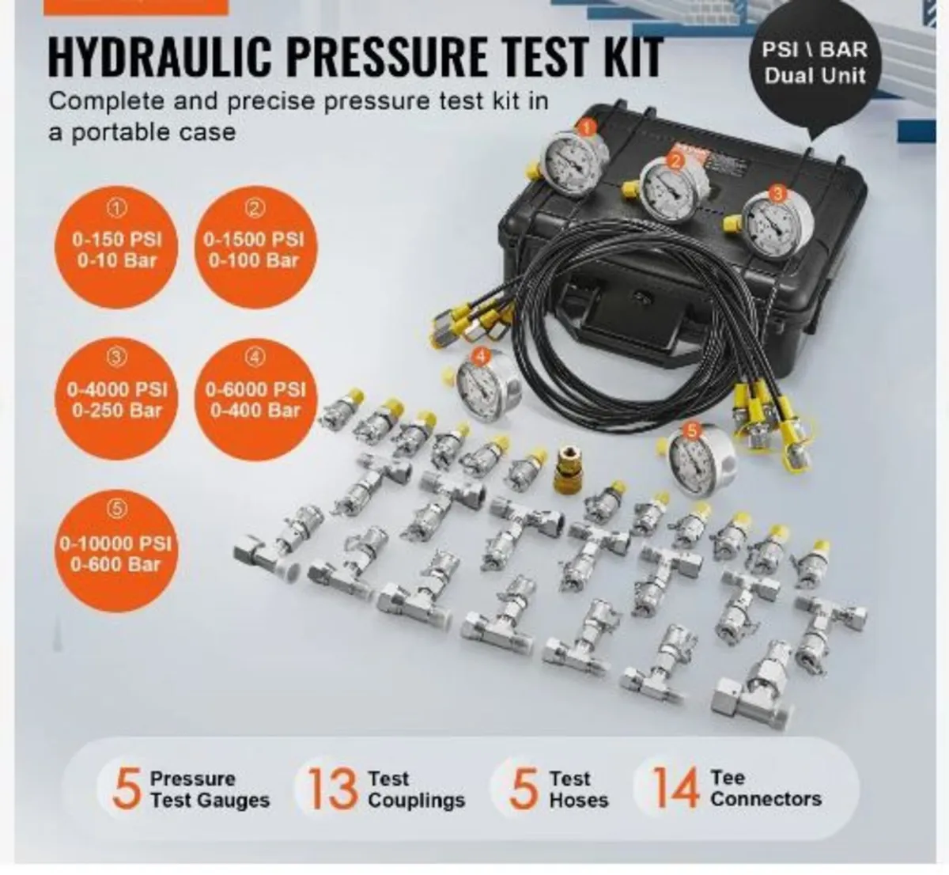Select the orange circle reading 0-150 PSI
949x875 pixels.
[x=117, y=248]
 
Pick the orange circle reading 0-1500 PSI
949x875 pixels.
[x=252, y=248]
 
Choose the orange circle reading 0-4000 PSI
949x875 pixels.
[x=117, y=398]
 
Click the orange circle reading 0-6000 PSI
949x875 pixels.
[x=253, y=398]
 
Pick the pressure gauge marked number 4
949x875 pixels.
[x=476, y=386]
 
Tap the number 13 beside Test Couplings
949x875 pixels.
[x=331, y=789]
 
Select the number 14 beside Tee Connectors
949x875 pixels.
[x=676, y=789]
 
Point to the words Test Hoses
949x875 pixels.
[x=579, y=789]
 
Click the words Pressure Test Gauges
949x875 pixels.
[x=210, y=789]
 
